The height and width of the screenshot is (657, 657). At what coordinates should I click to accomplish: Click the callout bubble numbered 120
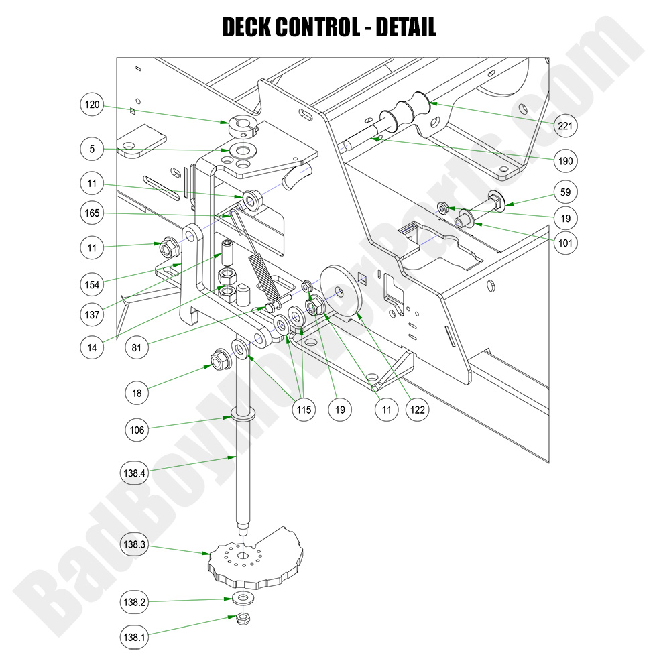tap(93, 105)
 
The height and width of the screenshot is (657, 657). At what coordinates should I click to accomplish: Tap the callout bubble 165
tap(93, 214)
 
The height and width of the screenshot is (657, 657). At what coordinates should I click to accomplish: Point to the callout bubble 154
tap(93, 284)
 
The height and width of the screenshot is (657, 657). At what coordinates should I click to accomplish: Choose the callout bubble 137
tap(93, 314)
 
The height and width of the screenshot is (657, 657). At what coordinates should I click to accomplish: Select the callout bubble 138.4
tap(135, 472)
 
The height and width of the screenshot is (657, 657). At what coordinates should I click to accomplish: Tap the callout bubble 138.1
tap(135, 638)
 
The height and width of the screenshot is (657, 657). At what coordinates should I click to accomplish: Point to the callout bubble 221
tap(565, 125)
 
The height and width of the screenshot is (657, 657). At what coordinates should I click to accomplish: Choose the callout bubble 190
tap(565, 161)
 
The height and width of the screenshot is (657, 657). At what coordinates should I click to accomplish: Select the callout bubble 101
tap(565, 243)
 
